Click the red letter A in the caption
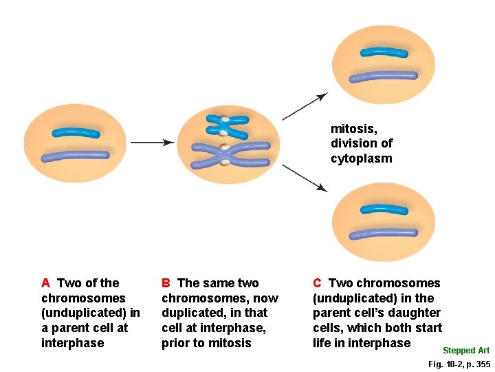(45, 283)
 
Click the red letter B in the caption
(166, 283)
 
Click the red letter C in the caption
(317, 283)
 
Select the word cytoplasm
(361, 158)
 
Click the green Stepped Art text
(465, 351)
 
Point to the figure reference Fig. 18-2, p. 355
(459, 364)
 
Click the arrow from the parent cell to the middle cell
(152, 143)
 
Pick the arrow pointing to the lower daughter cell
(305, 178)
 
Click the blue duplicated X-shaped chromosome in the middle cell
(225, 126)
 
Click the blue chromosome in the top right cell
(384, 52)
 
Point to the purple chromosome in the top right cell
(383, 76)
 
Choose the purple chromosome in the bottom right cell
(383, 234)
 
